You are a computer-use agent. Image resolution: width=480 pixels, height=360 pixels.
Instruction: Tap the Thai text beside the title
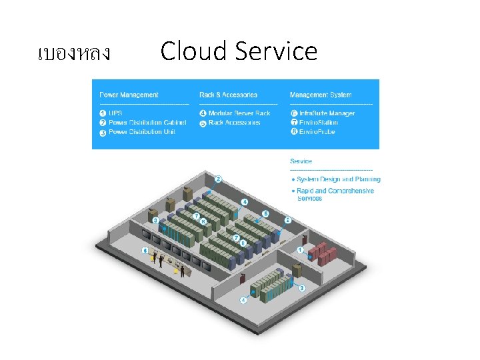(74, 53)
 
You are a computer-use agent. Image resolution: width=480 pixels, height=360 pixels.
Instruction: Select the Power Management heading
(129, 95)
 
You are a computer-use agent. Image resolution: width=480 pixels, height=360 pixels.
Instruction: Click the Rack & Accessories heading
(228, 95)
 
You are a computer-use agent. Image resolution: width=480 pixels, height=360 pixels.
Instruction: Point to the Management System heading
(321, 95)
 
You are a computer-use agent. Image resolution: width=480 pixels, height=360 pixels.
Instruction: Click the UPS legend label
(115, 113)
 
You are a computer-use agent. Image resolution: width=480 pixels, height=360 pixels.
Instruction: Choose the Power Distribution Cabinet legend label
(147, 123)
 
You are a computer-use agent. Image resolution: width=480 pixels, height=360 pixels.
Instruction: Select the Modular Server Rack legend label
(239, 113)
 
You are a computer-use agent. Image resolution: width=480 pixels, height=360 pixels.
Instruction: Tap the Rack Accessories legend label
(234, 123)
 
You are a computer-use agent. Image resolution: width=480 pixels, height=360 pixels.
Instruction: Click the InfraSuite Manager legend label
(327, 113)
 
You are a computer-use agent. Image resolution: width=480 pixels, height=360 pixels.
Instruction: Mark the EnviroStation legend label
(319, 123)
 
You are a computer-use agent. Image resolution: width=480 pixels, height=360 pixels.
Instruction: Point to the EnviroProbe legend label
(317, 132)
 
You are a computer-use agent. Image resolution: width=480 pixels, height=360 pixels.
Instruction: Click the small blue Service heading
(301, 161)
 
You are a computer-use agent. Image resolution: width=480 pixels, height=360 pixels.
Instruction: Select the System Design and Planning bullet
(339, 179)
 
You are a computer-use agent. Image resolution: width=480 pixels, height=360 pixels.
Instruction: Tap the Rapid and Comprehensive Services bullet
(335, 194)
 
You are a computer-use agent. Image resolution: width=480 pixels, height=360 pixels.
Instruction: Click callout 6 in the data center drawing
(145, 250)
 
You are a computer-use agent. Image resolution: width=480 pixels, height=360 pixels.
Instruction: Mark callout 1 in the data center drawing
(301, 250)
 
